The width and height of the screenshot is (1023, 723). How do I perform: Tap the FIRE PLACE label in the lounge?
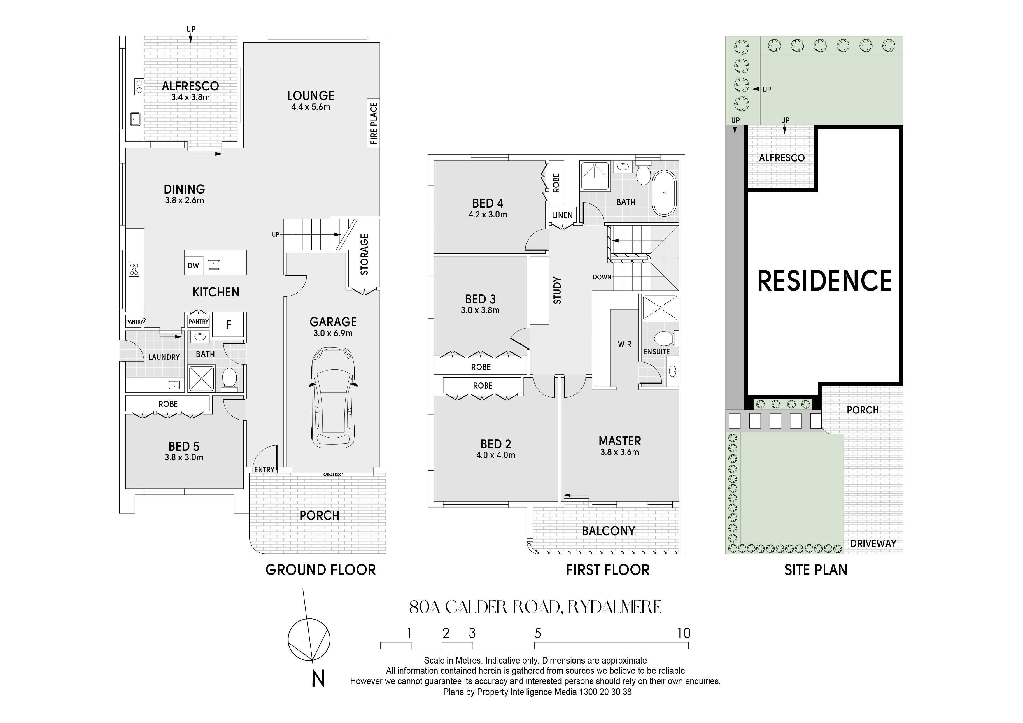click(373, 123)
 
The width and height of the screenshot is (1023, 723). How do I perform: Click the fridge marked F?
click(228, 324)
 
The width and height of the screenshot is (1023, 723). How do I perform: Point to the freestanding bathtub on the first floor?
click(664, 193)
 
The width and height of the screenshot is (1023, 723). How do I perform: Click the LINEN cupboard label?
click(562, 215)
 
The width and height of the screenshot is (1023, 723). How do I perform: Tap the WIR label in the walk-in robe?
click(624, 344)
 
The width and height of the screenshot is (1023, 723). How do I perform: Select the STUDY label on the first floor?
click(557, 290)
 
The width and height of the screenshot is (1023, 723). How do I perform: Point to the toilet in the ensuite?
click(666, 338)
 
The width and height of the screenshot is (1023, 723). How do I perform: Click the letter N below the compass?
click(318, 679)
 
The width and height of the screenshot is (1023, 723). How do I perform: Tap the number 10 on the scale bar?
click(684, 633)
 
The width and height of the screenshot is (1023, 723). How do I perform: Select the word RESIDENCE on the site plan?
click(825, 281)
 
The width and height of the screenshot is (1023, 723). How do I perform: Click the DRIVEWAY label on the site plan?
click(873, 543)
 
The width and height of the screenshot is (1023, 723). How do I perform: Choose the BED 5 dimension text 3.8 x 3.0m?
click(184, 457)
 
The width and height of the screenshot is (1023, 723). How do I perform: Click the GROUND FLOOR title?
click(321, 570)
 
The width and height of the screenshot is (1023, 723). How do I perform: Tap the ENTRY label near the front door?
click(264, 470)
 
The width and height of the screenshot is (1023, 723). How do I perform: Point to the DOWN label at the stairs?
click(602, 277)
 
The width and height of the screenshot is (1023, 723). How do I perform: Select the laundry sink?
click(174, 385)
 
